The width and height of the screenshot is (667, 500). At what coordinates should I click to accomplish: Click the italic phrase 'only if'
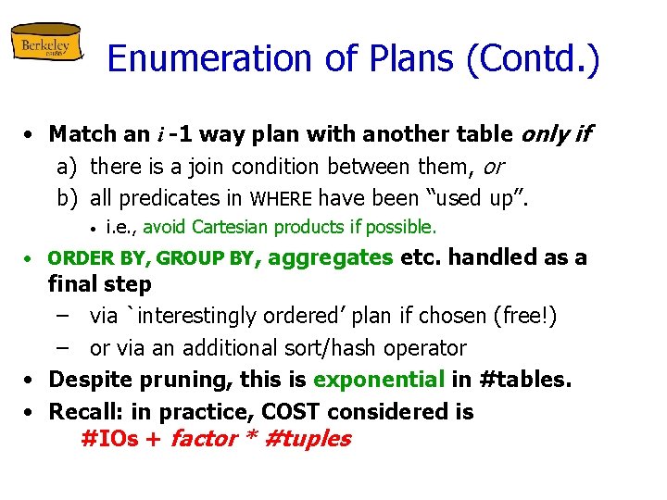coord(555,134)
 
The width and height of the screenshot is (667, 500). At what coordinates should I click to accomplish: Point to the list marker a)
coord(66,167)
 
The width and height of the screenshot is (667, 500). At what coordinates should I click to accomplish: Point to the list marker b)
coord(66,197)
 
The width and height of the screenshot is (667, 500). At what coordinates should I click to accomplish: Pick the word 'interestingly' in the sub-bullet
coord(198,316)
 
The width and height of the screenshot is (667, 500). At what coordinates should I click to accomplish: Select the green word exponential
coord(380,380)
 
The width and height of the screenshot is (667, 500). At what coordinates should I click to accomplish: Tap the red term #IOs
coord(109,439)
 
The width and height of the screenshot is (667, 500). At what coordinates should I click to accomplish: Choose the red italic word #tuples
coord(308,439)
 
